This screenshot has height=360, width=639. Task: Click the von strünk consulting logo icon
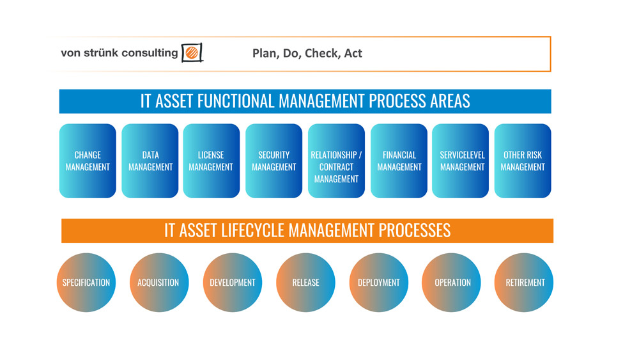[192, 52]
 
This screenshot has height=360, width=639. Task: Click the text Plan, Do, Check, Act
[307, 54]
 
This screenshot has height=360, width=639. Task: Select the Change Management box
[88, 161]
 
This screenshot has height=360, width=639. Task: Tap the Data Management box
[150, 161]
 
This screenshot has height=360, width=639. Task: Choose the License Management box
[212, 161]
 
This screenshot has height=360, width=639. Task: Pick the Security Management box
[274, 161]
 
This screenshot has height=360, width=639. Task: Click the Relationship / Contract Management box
[336, 161]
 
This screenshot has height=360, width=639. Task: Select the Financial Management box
[399, 161]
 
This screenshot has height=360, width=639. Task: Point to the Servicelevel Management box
[461, 161]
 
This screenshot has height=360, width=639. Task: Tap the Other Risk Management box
[523, 161]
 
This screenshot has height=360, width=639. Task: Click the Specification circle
[86, 283]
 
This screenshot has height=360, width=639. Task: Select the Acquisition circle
[159, 283]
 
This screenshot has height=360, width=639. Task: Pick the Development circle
[233, 283]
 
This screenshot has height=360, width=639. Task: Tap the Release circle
[305, 283]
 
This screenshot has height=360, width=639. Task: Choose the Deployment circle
[378, 283]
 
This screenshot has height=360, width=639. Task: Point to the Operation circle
[451, 283]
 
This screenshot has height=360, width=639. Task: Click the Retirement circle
[524, 283]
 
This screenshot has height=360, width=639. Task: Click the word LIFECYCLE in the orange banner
[252, 230]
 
